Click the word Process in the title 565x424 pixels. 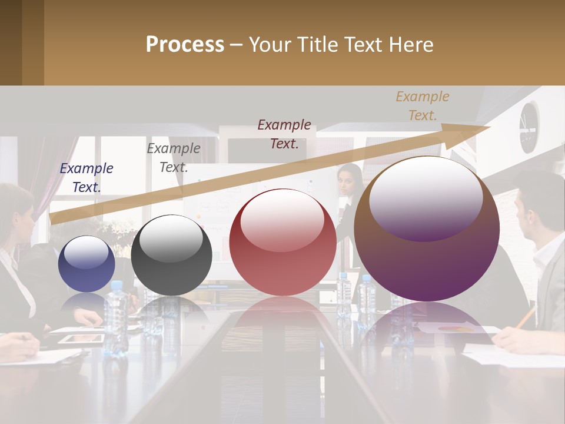[x=185, y=45]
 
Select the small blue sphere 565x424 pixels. [x=87, y=264]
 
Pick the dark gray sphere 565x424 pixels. [x=171, y=256]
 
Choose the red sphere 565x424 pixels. [x=282, y=243]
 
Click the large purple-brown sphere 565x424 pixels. [x=427, y=230]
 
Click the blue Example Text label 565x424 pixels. [x=87, y=178]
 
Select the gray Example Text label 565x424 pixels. [x=174, y=158]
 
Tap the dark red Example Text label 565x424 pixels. [x=284, y=134]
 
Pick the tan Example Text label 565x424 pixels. [x=422, y=106]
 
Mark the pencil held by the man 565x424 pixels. [x=525, y=318]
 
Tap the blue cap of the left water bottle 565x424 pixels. [x=116, y=286]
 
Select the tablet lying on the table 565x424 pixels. [x=81, y=338]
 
